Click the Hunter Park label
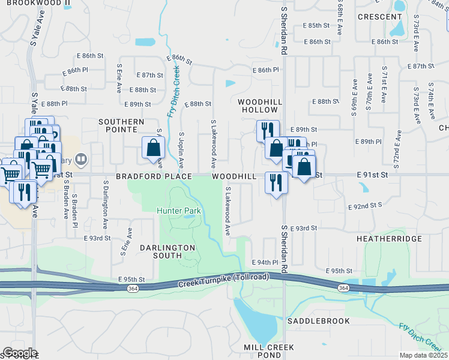179,211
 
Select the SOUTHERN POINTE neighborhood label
122,125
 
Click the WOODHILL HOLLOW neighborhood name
259,106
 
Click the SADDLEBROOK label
318,321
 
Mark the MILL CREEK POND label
269,352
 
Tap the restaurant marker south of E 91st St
276,182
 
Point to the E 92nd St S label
366,206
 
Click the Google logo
20,353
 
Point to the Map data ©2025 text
423,355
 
